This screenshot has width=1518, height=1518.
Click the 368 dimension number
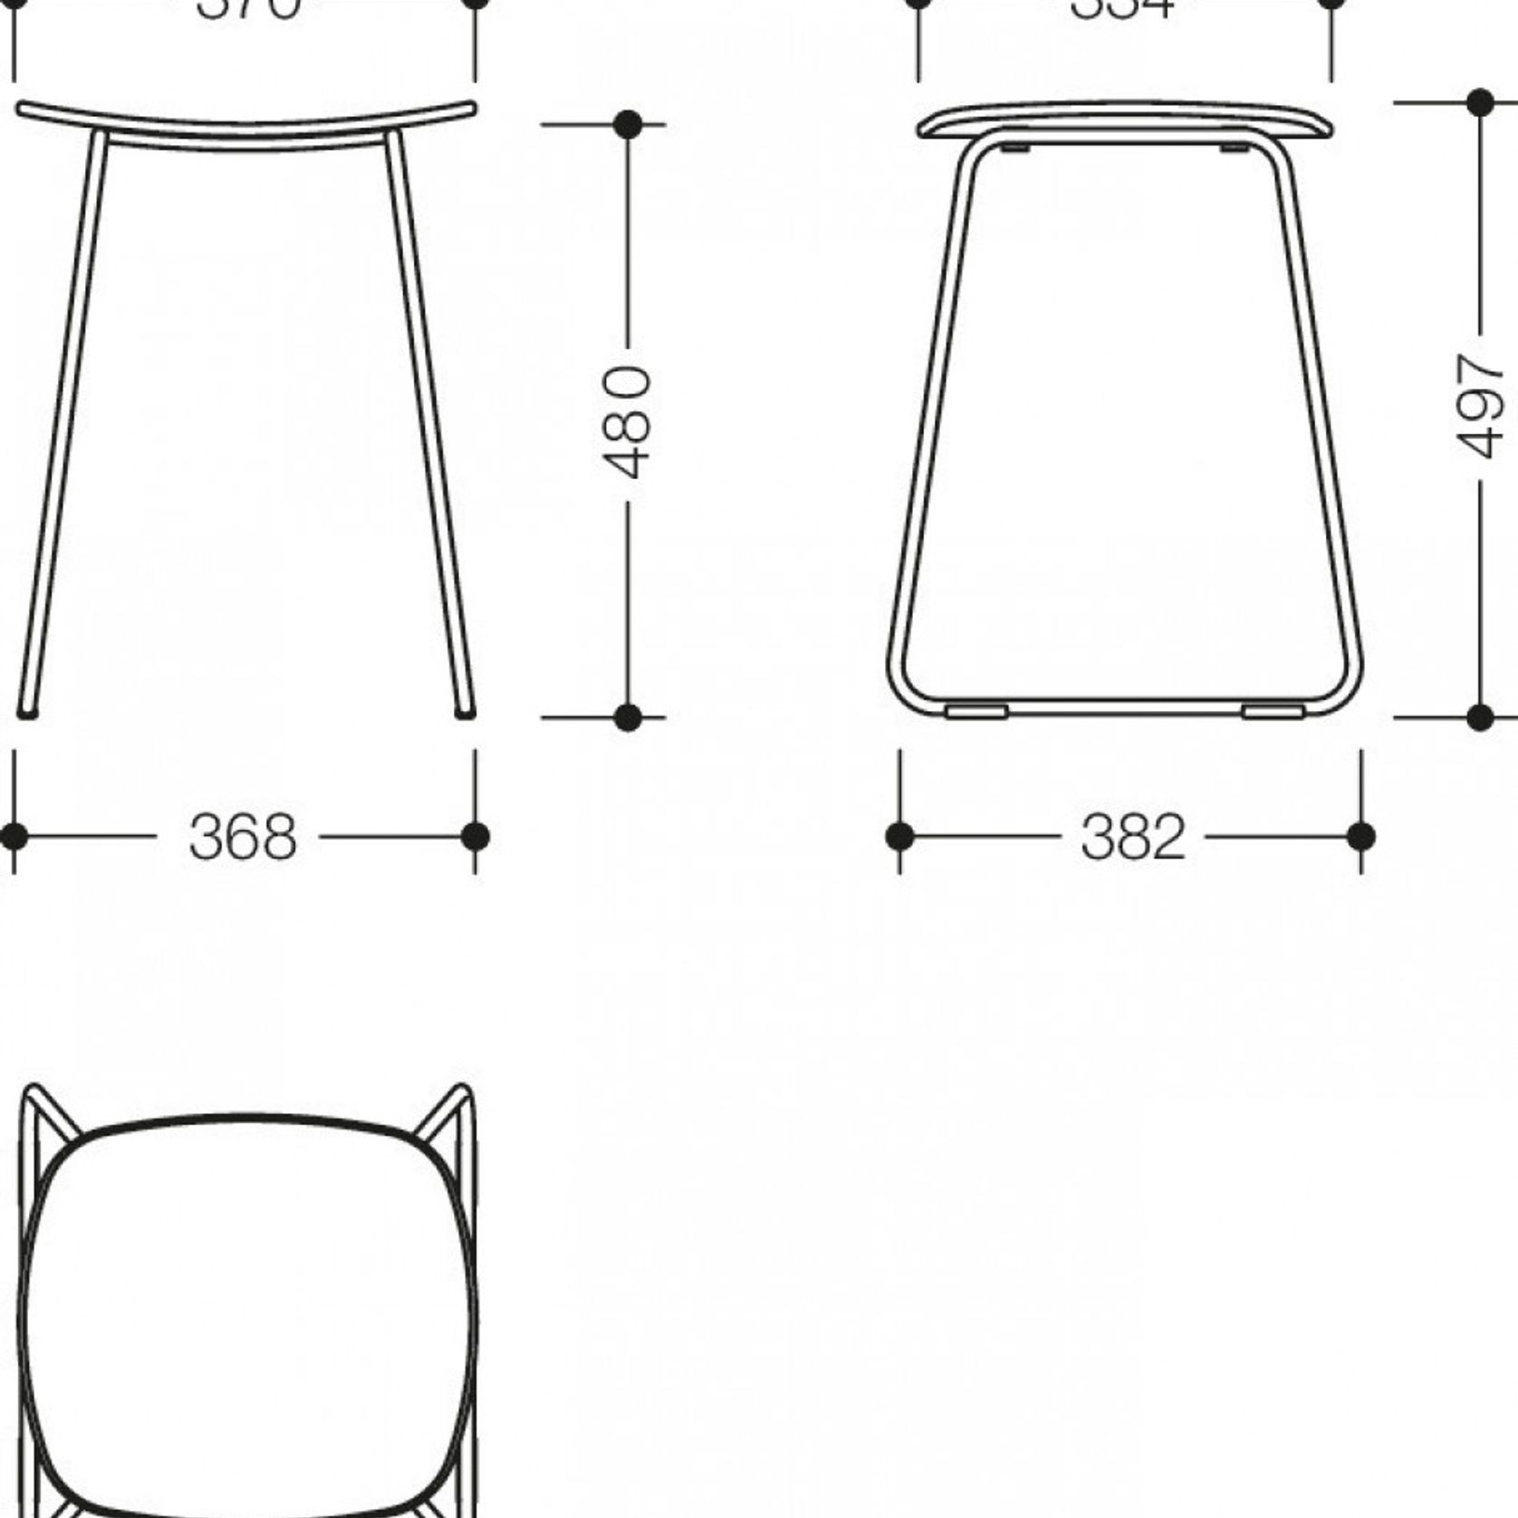243,837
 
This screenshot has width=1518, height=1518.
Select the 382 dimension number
1132,837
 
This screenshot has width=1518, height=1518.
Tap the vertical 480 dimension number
627,421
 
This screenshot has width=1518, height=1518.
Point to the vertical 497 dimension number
1480,405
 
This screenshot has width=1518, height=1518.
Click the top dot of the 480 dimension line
628,124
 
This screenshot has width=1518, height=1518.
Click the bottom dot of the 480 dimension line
628,717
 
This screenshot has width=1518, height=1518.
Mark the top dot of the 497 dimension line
1480,102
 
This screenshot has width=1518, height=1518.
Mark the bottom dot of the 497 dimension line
1480,717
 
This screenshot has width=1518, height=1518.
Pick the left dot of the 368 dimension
13,836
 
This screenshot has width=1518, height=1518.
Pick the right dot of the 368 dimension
476,836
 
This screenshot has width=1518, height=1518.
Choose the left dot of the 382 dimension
899,836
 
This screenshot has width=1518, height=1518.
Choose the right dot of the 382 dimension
1360,836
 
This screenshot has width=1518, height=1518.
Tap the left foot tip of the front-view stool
28,713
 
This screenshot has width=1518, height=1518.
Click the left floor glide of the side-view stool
976,712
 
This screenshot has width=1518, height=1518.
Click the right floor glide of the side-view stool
1273,712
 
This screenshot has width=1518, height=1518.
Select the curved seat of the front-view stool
245,125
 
